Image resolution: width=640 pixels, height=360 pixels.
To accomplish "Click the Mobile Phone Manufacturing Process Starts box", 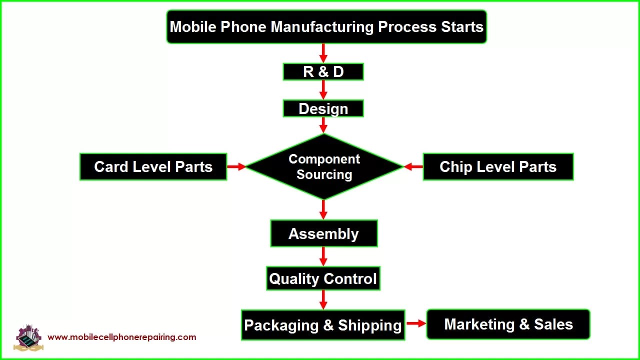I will tap(326, 27).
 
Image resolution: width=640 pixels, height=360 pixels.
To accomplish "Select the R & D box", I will tap(323, 71).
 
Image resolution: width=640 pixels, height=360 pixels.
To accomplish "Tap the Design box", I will tap(323, 108).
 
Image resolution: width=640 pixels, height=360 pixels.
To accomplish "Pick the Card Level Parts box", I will tap(153, 166).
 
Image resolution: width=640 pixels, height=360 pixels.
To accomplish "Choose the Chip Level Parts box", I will tap(498, 166).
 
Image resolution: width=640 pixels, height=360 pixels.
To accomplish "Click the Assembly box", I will tap(323, 233).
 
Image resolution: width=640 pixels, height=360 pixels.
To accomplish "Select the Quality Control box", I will tap(323, 278).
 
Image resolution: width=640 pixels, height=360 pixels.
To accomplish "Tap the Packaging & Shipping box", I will tap(323, 325).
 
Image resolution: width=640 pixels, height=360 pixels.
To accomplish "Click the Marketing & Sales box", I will tap(508, 324).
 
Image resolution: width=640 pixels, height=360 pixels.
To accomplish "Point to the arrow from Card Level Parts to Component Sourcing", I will tap(236, 166).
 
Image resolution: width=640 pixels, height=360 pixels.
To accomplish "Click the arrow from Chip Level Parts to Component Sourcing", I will tap(413, 166).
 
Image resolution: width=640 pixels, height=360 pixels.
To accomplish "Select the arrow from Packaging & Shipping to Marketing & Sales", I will tap(415, 323).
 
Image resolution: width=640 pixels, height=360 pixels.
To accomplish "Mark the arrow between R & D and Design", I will tap(323, 90).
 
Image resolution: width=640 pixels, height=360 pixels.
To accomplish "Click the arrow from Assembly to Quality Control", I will tap(323, 256).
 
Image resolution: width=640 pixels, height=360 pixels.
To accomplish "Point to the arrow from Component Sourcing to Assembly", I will tap(323, 209).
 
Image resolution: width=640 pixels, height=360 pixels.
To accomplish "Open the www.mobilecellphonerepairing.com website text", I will tap(122, 337).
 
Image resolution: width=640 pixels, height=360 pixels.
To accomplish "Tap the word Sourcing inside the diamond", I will tap(324, 174).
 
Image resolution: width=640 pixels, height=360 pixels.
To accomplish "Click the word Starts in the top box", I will tap(462, 27).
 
